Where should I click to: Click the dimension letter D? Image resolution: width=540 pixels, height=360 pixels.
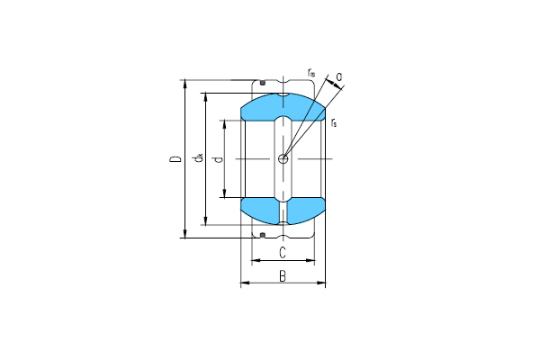tap(174, 160)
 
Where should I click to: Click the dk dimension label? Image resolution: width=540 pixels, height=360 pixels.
tap(197, 160)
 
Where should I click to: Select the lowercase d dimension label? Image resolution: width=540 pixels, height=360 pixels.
tap(215, 160)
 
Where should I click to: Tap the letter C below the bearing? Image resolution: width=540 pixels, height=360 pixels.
tap(283, 252)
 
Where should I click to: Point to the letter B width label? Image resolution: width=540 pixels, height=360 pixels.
tap(283, 276)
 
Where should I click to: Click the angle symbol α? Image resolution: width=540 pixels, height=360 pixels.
tap(338, 76)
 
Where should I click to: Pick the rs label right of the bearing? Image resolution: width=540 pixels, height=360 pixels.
tap(334, 121)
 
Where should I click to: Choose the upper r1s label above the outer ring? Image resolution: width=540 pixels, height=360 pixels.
tap(310, 71)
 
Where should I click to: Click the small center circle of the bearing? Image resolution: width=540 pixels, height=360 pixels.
tap(283, 158)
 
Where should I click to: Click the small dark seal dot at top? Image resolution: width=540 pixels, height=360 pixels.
tap(262, 84)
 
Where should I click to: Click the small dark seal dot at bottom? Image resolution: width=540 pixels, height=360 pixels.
tap(262, 235)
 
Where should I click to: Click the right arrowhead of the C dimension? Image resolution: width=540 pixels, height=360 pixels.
tap(313, 261)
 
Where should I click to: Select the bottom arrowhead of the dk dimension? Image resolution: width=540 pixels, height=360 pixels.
tap(206, 223)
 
